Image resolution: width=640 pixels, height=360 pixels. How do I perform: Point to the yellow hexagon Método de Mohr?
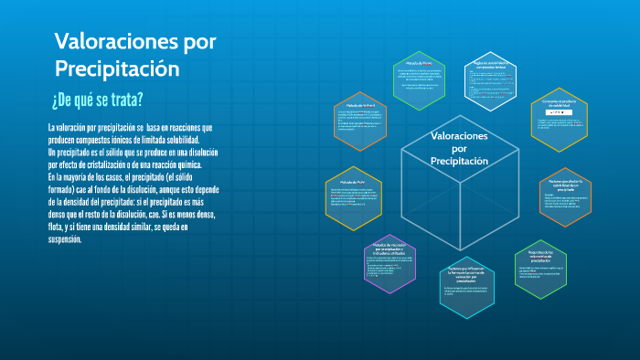coord(353,196)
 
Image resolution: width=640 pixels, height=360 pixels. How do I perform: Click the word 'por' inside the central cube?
coord(460,148)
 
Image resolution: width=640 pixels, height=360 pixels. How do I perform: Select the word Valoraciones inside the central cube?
coord(460,136)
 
